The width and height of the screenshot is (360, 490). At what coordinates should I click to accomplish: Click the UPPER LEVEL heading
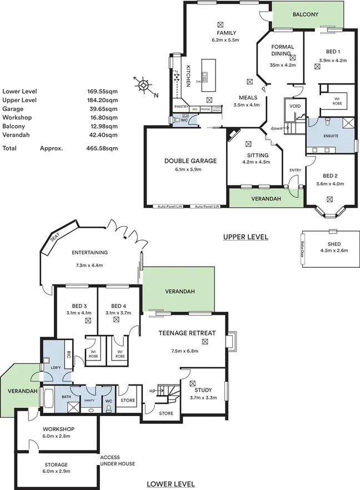[246, 237]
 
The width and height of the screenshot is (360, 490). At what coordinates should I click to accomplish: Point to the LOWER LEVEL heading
[171, 484]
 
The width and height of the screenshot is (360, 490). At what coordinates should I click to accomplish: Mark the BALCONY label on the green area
[306, 15]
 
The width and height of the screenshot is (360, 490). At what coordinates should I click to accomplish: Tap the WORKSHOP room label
[58, 429]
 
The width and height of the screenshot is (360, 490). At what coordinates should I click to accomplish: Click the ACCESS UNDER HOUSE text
[117, 461]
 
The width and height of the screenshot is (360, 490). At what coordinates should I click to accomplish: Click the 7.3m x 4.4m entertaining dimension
[89, 265]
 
